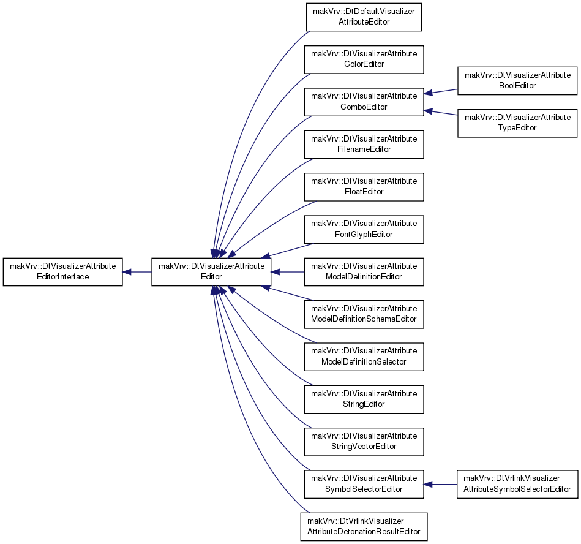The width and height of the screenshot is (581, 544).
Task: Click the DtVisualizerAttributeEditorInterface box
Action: tap(62, 272)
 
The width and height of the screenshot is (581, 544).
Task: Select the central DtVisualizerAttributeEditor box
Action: tap(211, 272)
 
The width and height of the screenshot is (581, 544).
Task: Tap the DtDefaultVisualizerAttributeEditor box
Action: tap(364, 17)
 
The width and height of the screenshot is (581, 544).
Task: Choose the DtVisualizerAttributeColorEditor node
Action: tap(364, 59)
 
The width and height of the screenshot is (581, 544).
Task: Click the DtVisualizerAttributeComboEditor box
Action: tap(364, 102)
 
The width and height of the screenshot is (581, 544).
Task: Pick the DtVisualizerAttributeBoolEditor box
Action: tap(517, 81)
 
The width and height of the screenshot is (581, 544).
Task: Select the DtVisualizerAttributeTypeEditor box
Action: tap(517, 123)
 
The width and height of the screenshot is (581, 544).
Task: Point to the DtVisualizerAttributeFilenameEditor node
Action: tap(364, 144)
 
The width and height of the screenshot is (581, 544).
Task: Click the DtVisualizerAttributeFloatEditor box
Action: tap(364, 187)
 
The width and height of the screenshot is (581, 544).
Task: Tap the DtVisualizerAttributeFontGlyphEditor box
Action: tap(364, 229)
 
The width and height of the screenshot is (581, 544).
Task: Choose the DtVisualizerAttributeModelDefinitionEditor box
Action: tap(364, 272)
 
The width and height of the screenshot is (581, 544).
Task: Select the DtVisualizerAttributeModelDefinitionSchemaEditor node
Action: tap(364, 314)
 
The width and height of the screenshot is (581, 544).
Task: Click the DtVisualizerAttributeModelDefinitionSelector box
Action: tap(364, 357)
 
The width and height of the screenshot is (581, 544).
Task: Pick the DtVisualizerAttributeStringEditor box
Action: tap(364, 399)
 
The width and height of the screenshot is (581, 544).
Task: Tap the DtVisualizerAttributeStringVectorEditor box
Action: tap(364, 442)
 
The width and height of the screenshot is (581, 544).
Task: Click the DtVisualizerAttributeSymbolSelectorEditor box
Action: tap(364, 485)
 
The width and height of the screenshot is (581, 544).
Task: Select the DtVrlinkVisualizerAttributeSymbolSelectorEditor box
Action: tap(517, 485)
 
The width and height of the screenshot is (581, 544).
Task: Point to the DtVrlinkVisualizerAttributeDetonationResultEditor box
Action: tap(364, 527)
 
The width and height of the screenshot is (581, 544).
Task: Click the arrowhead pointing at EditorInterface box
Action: tap(127, 272)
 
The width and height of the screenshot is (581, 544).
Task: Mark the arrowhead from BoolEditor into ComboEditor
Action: tap(428, 93)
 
